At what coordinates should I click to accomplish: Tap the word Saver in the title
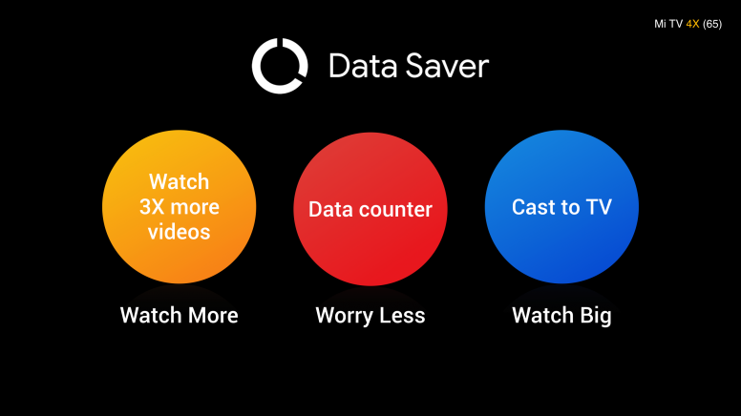pyautogui.click(x=447, y=66)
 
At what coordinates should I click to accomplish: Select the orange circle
pyautogui.click(x=180, y=207)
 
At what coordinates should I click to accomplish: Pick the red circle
pyautogui.click(x=370, y=209)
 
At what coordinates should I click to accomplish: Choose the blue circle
pyautogui.click(x=561, y=207)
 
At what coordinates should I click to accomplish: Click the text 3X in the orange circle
pyautogui.click(x=152, y=207)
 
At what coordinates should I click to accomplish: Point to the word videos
pyautogui.click(x=180, y=232)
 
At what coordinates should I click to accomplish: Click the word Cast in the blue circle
pyautogui.click(x=533, y=207)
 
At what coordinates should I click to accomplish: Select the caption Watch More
pyautogui.click(x=180, y=315)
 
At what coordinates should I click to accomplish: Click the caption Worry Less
pyautogui.click(x=370, y=315)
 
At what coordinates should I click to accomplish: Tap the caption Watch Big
pyautogui.click(x=561, y=315)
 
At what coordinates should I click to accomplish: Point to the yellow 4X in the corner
pyautogui.click(x=692, y=24)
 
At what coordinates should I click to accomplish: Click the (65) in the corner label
pyautogui.click(x=712, y=24)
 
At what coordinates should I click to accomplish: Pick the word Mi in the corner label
pyautogui.click(x=660, y=24)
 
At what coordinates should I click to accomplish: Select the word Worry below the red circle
pyautogui.click(x=344, y=316)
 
